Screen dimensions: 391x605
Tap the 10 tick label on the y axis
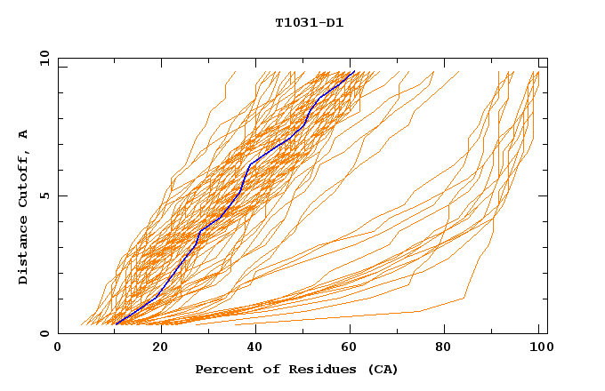43,58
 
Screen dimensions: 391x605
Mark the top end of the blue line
354,71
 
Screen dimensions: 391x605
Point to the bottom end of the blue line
116,323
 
